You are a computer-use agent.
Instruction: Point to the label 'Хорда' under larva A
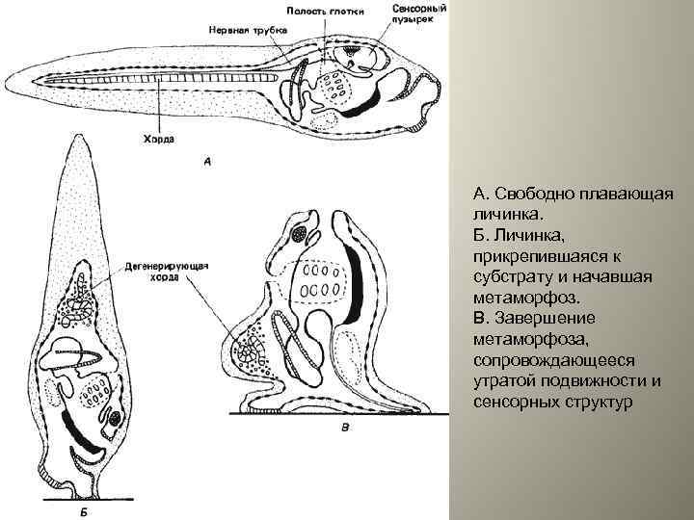click(159, 139)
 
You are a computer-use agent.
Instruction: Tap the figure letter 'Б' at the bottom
click(85, 512)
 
